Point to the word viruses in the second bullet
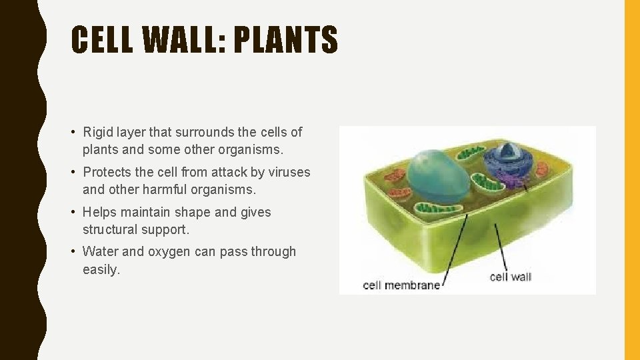pos(289,172)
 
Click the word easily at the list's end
pos(100,269)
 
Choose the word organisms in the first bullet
pos(255,149)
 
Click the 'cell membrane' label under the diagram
pos(401,285)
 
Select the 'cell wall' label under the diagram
pos(510,277)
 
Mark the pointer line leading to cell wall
pos(501,247)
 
